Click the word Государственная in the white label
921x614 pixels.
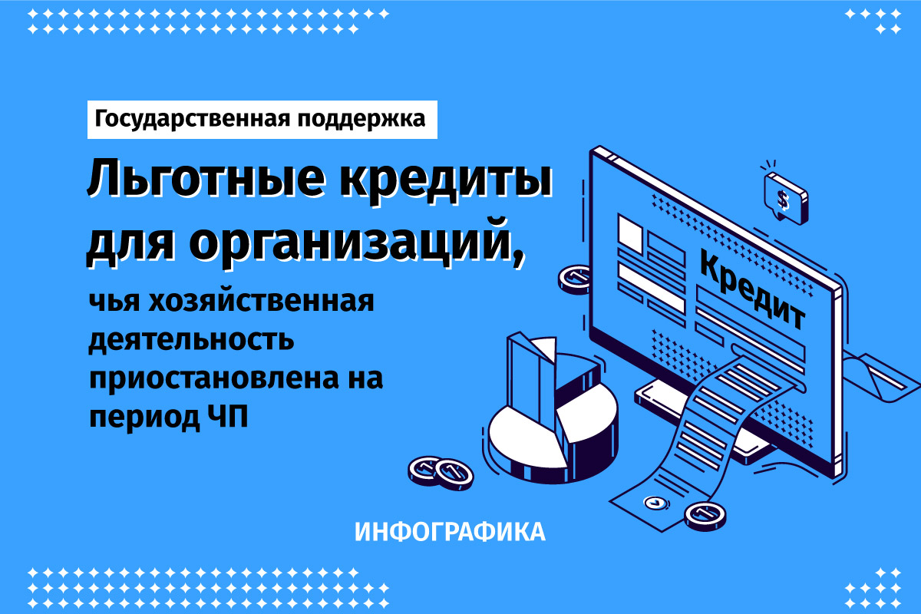point(193,120)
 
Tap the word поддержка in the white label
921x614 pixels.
point(361,120)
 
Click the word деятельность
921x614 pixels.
point(192,341)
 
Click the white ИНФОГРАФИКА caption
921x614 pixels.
point(450,532)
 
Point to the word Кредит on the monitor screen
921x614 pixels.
point(752,290)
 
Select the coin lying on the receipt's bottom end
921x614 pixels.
point(705,516)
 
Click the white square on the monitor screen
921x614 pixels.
point(630,233)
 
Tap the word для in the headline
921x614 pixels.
point(130,245)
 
